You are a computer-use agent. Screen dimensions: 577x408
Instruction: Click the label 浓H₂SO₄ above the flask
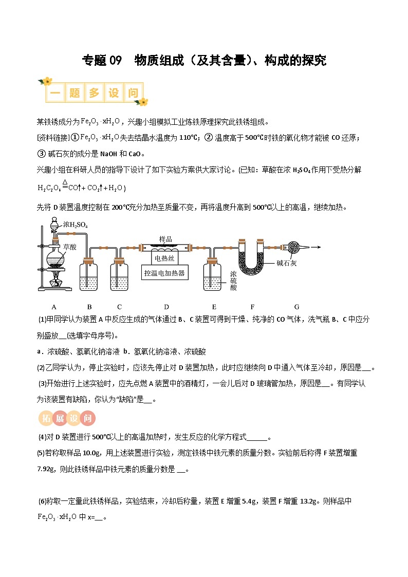76,225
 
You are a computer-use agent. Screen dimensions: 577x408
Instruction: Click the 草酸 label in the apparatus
69,247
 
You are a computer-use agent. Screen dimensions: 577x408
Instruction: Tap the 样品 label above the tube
165,239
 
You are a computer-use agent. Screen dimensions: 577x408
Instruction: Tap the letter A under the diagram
54,307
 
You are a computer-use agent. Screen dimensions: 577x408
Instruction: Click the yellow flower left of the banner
47,82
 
